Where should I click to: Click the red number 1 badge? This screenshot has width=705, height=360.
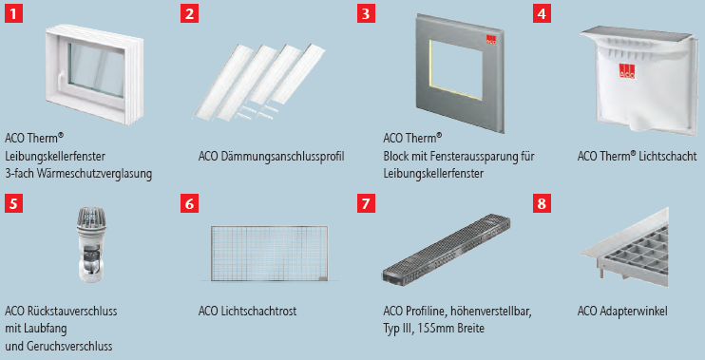pyautogui.click(x=13, y=13)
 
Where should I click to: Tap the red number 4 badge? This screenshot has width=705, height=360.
pyautogui.click(x=542, y=13)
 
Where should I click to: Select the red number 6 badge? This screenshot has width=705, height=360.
pyautogui.click(x=189, y=203)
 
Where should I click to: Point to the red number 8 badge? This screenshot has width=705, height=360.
pyautogui.click(x=542, y=203)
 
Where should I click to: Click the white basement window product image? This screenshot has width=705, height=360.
pyautogui.click(x=94, y=74)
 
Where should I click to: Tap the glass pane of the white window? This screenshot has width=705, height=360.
pyautogui.click(x=96, y=69)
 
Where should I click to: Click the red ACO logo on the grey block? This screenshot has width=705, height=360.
pyautogui.click(x=490, y=40)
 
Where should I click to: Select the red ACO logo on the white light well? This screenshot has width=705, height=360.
pyautogui.click(x=627, y=71)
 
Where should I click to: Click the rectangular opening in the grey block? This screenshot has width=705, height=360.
pyautogui.click(x=456, y=69)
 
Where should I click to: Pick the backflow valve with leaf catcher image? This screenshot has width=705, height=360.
pyautogui.click(x=92, y=245)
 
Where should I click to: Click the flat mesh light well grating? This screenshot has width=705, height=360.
pyautogui.click(x=269, y=254)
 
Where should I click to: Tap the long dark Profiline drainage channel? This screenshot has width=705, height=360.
pyautogui.click(x=446, y=249)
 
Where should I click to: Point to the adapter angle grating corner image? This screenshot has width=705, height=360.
pyautogui.click(x=624, y=246)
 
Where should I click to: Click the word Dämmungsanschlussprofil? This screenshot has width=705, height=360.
pyautogui.click(x=283, y=157)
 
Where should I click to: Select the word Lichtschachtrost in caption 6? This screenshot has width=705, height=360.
pyautogui.click(x=258, y=311)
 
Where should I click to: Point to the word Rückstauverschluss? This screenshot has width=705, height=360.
pyautogui.click(x=72, y=311)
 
